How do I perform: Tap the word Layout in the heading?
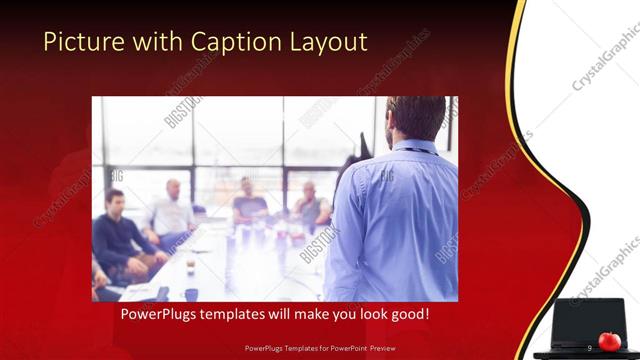(328, 42)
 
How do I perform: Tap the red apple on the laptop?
(608, 341)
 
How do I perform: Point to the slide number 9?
(590, 347)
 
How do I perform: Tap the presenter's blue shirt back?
(400, 220)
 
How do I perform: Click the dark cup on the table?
(191, 294)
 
